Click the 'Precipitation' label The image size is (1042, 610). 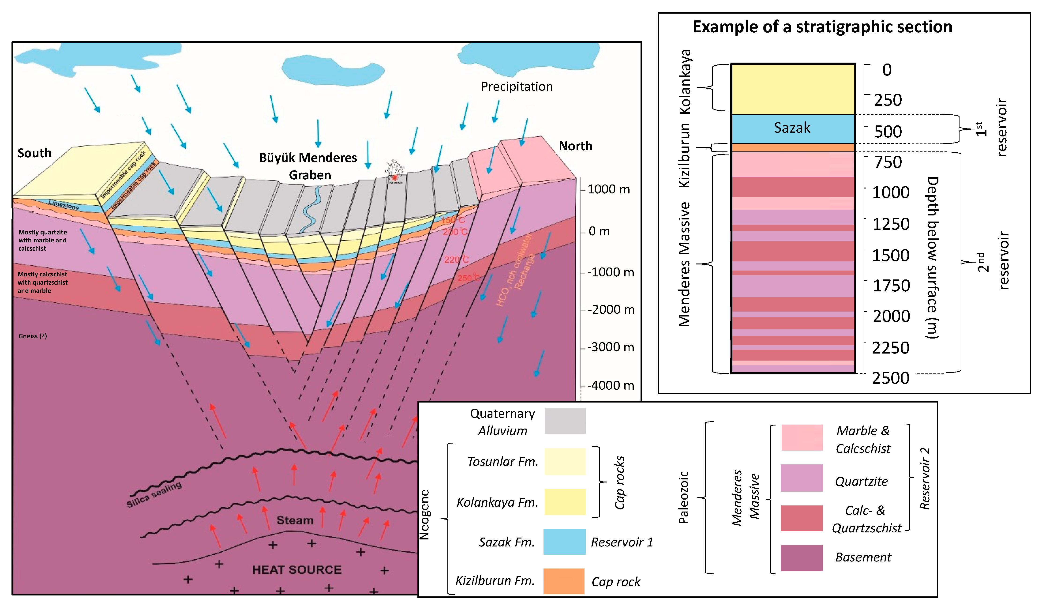(x=517, y=87)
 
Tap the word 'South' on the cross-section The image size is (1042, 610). (x=34, y=153)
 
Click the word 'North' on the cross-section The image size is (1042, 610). (x=575, y=146)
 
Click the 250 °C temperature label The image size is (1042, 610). (x=468, y=278)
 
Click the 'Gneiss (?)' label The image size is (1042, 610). (x=33, y=336)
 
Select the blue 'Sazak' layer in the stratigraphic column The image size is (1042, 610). (x=792, y=128)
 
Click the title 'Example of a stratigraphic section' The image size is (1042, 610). (x=822, y=27)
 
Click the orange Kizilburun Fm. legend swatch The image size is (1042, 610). (x=564, y=581)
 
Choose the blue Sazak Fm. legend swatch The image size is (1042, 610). (x=564, y=541)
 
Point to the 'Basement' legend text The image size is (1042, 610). (x=863, y=557)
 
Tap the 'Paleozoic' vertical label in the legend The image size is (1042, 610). (x=683, y=497)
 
